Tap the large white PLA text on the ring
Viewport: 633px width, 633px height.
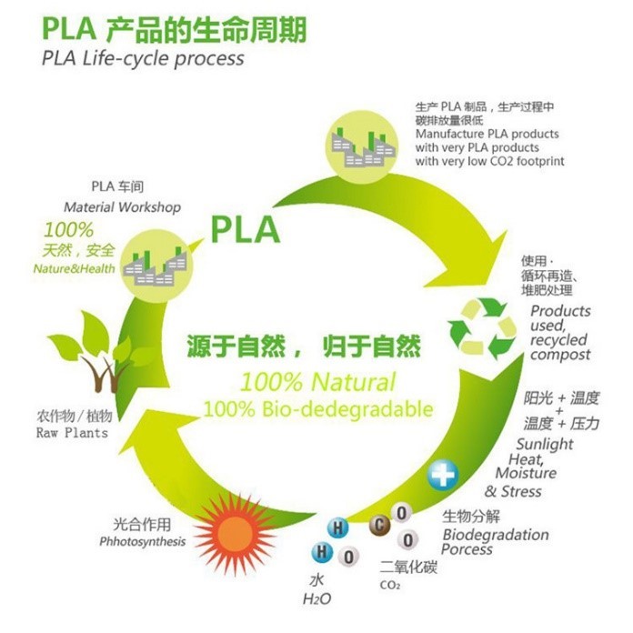[x=245, y=229]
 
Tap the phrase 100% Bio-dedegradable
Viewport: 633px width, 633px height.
[x=317, y=409]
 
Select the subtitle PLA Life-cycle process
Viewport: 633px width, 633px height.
[x=144, y=58]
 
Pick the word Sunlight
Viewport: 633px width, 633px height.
[x=545, y=445]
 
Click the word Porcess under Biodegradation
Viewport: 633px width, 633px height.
[x=467, y=549]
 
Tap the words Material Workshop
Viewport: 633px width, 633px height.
[x=122, y=207]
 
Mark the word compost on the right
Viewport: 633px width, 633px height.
[x=560, y=355]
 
